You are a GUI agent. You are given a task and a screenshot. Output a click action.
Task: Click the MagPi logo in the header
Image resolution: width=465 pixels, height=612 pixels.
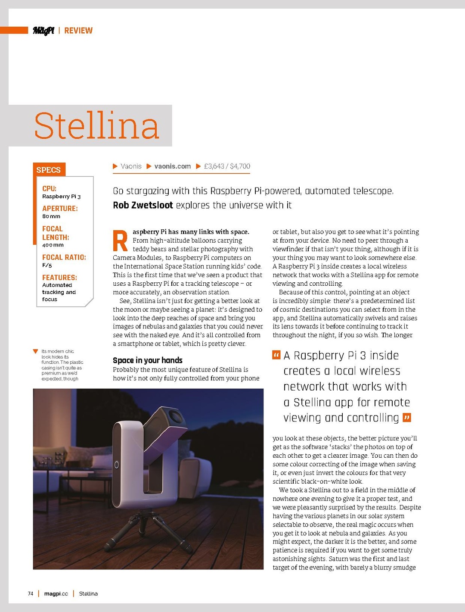[43, 30]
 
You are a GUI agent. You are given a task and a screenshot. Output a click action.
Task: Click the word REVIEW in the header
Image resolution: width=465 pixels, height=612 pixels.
[78, 31]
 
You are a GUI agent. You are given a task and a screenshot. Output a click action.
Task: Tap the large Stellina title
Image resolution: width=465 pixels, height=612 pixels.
[96, 126]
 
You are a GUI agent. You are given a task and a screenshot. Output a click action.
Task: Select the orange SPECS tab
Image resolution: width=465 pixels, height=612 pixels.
[49, 170]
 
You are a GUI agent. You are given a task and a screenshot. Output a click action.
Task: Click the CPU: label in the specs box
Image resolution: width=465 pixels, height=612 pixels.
[49, 188]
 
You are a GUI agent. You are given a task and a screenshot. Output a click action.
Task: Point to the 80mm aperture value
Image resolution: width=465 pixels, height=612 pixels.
[51, 216]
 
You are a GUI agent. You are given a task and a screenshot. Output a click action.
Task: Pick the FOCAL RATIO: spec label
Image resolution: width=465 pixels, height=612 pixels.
[64, 257]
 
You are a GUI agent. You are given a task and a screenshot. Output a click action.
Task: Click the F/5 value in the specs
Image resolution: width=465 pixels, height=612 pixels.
[47, 265]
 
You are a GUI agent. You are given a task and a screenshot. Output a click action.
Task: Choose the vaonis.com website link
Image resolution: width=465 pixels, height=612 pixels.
[172, 166]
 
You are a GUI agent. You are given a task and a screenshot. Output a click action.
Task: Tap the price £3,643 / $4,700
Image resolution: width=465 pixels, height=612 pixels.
[227, 166]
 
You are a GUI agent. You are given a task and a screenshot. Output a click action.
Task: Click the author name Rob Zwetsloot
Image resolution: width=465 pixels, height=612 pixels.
[143, 205]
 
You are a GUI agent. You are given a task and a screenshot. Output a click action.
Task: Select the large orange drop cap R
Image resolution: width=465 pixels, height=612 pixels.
[120, 241]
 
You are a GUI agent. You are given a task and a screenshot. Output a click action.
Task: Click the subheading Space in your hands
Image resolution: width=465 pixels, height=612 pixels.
[148, 360]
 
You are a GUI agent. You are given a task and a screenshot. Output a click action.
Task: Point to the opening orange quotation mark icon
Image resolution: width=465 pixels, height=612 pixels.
[276, 355]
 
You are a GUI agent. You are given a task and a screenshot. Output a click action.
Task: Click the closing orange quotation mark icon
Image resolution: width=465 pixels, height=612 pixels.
[407, 417]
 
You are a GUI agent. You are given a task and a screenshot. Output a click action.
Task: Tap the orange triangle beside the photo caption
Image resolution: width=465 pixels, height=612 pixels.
[36, 351]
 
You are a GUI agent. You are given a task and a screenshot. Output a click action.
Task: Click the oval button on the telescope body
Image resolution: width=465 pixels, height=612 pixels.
[116, 465]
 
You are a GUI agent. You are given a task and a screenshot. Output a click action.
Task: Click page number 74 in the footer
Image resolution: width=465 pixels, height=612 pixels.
[31, 593]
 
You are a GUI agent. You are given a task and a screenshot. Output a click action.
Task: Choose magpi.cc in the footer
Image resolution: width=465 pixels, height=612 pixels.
[56, 593]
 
